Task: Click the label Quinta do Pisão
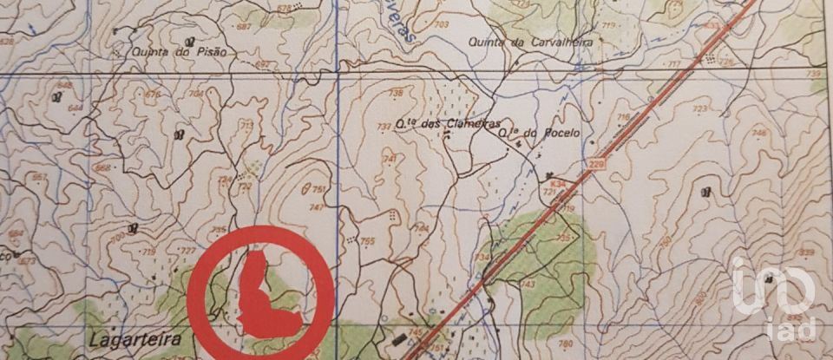pyautogui.click(x=179, y=52)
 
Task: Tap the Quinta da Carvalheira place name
pyautogui.click(x=521, y=42)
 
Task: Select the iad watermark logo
pyautogui.click(x=776, y=299)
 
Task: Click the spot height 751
pyautogui.click(x=319, y=189)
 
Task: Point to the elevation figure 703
pyautogui.click(x=441, y=24)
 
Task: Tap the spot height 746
pyautogui.click(x=760, y=133)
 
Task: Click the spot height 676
pyautogui.click(x=154, y=94)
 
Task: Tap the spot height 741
pyautogui.click(x=389, y=159)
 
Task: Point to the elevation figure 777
pyautogui.click(x=187, y=250)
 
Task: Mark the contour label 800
pyautogui.click(x=699, y=297)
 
